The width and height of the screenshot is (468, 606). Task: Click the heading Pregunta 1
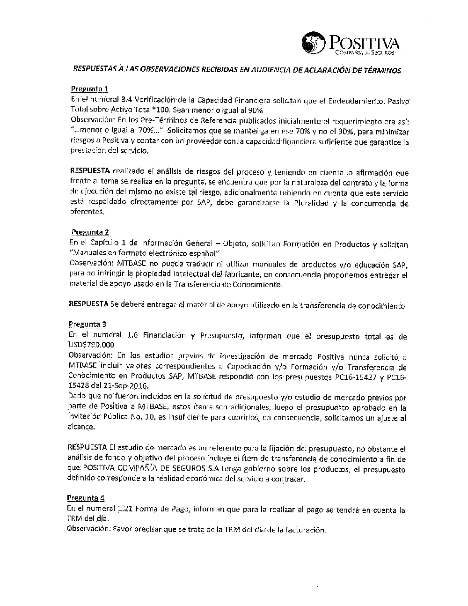pos(89,89)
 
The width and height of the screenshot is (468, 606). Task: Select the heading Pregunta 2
pos(90,232)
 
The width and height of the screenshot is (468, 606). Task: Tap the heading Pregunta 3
pos(88,324)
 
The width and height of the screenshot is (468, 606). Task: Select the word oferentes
pos(87,212)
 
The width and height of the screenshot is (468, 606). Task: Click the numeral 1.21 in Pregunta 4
pos(124,509)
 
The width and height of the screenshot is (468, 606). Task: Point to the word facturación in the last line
pos(304,530)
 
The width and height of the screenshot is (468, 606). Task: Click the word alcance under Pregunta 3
pos(81,427)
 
